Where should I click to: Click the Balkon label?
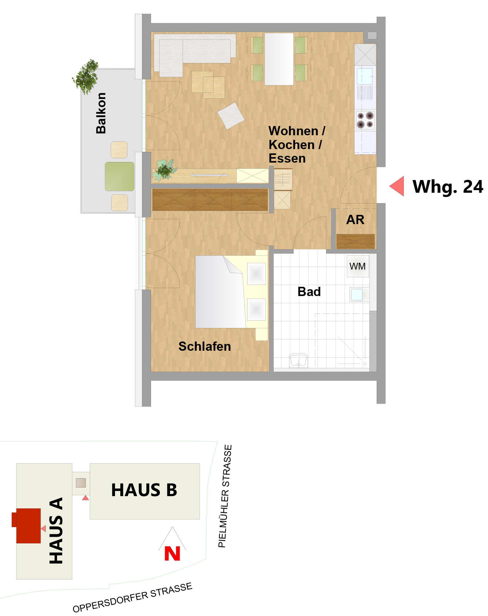pos(101,113)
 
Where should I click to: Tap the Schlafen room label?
pos(204,346)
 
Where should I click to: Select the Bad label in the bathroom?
pos(309,292)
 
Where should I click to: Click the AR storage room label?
pos(355,220)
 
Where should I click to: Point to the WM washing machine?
pos(358,266)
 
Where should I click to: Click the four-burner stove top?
pos(365,120)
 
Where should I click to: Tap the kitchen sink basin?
pos(365,76)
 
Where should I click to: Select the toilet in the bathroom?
pos(298,360)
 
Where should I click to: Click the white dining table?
pos(279,59)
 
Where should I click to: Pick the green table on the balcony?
pos(120,176)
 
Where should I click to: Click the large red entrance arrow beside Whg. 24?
pos(397,186)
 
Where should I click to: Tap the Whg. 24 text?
pos(448,187)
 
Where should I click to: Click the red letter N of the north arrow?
pos(172,554)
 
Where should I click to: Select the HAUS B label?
pos(144,490)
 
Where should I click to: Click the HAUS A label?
pos(56,531)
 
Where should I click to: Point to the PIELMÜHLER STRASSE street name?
pos(225,496)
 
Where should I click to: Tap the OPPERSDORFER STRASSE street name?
pos(133,598)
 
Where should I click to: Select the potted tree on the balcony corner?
pos(86,77)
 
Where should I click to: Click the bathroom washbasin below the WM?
pos(358,294)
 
